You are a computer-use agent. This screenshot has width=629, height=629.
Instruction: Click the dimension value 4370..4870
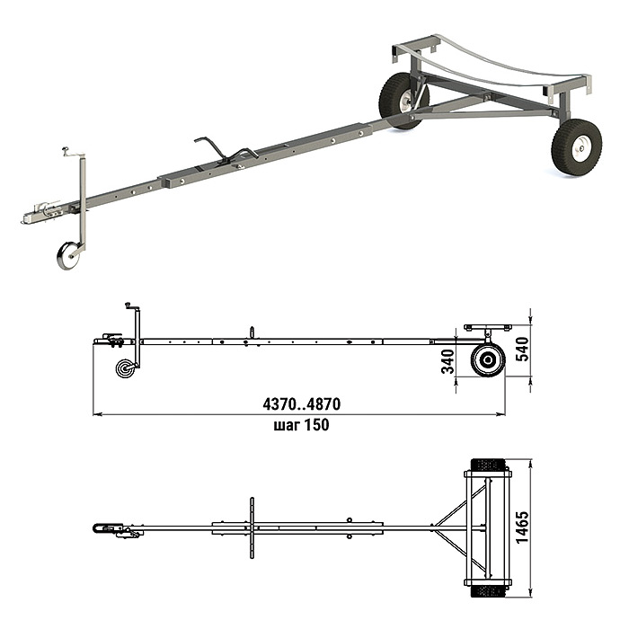[x=302, y=404]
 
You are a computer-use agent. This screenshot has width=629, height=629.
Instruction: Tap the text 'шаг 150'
[x=302, y=424]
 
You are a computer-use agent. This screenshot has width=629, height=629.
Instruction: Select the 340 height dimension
[x=447, y=361]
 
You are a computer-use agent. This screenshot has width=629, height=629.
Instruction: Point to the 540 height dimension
[x=522, y=349]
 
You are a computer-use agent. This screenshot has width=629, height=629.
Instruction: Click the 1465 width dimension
[x=522, y=527]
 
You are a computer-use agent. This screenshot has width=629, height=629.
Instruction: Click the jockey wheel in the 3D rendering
[x=68, y=255]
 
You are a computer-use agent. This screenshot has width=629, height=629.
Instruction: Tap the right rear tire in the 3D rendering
[x=577, y=147]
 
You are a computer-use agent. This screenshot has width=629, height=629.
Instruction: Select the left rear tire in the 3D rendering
[x=403, y=101]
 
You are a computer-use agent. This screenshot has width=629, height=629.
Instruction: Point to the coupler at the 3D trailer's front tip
[x=40, y=213]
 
